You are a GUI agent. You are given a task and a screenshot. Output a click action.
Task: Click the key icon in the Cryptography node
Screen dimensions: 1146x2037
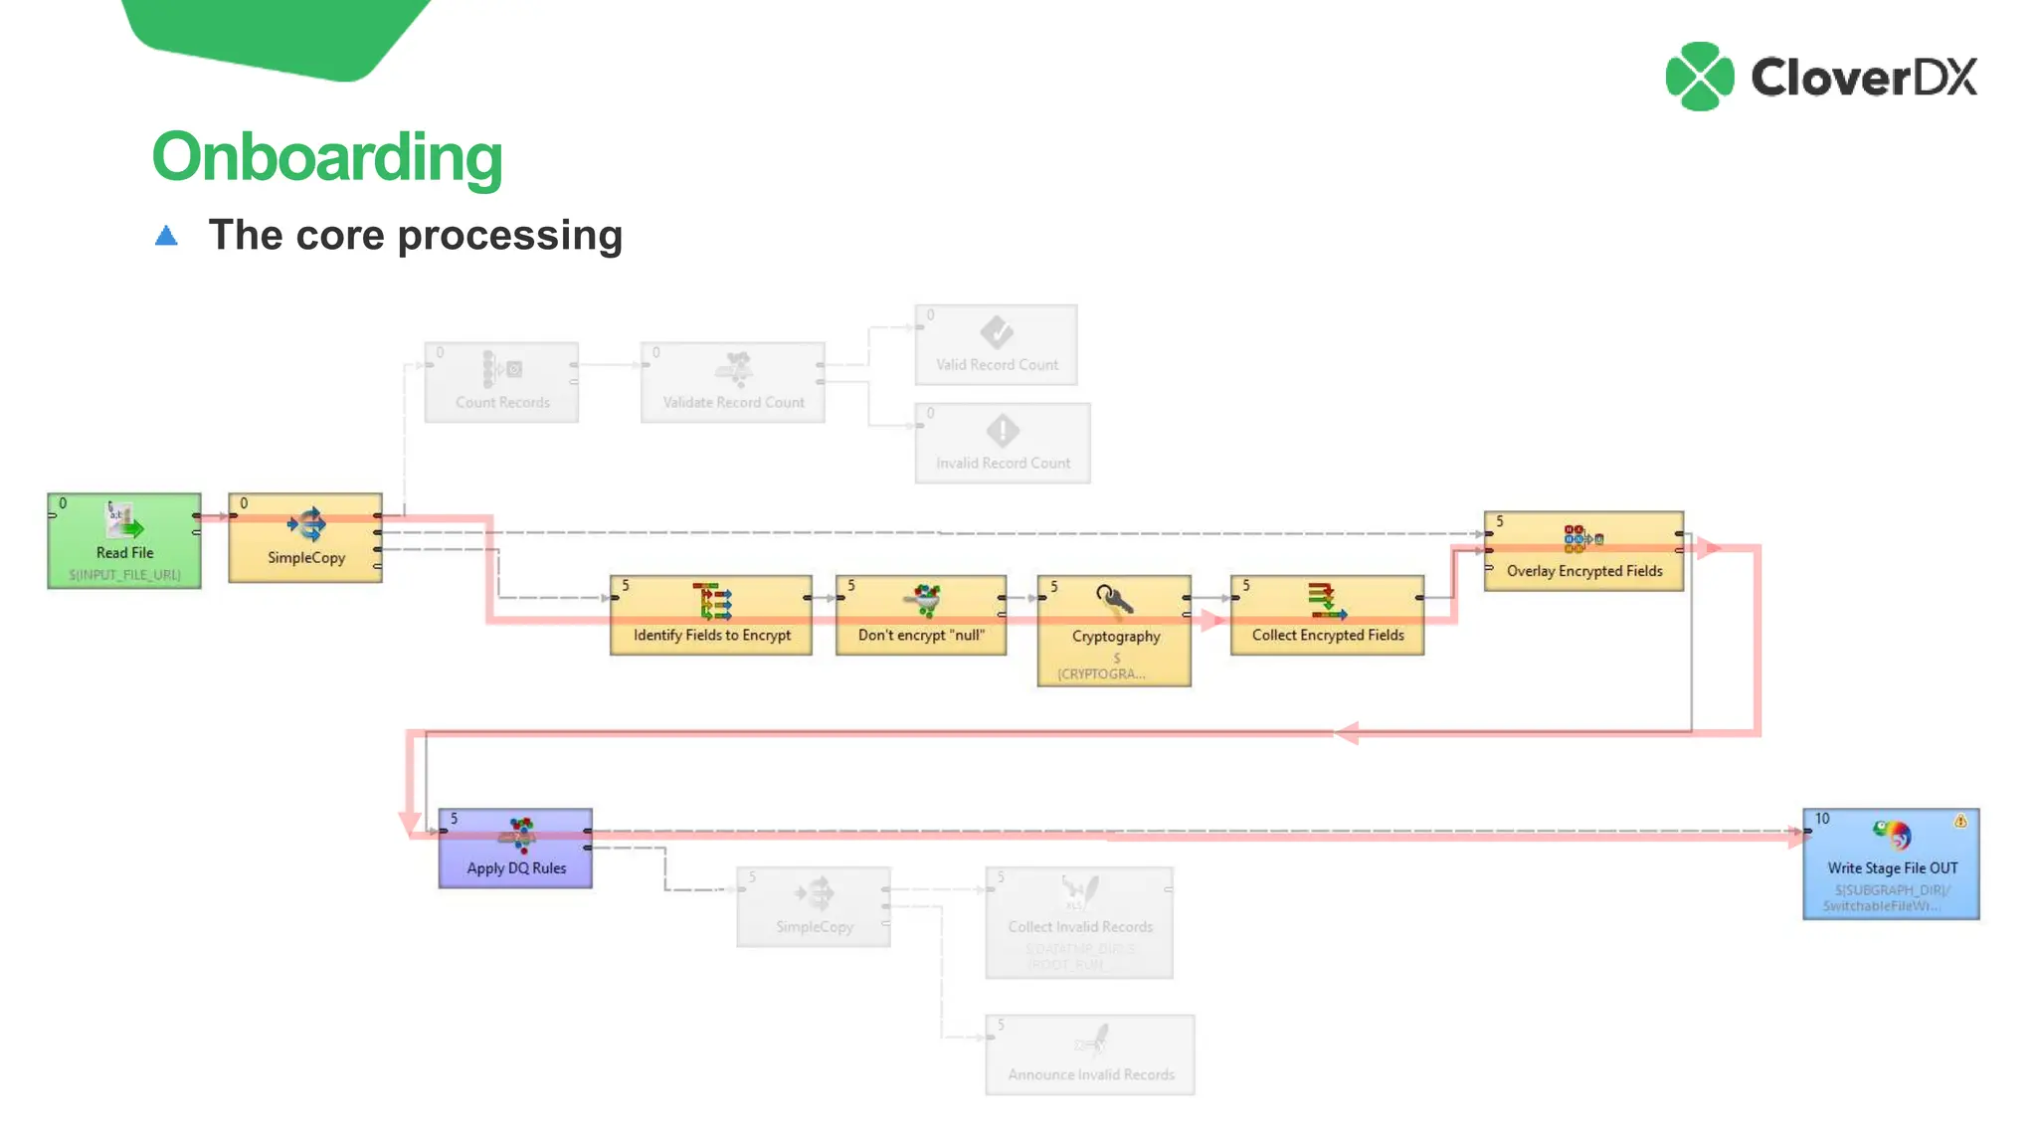coord(1113,599)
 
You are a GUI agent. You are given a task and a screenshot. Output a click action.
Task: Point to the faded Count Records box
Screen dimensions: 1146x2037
coord(501,382)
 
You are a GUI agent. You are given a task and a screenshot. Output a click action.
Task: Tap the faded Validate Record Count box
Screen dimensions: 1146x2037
coord(732,382)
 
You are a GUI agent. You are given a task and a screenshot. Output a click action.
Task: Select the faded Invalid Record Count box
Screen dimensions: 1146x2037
coord(1002,443)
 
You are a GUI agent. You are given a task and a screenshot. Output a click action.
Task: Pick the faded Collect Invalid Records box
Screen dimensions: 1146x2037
coord(1079,922)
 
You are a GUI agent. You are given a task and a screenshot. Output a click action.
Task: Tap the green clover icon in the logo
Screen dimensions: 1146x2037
coord(1699,77)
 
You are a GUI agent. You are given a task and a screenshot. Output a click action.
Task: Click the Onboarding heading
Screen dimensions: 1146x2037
coord(327,157)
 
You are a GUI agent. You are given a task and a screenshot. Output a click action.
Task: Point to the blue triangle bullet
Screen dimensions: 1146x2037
coord(166,236)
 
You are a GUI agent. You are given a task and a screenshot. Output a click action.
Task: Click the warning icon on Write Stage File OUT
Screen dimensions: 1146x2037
coord(1959,821)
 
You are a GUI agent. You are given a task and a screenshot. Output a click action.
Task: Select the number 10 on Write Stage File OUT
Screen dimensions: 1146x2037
coord(1821,819)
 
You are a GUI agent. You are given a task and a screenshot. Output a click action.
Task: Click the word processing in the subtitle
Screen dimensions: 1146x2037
coord(510,237)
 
